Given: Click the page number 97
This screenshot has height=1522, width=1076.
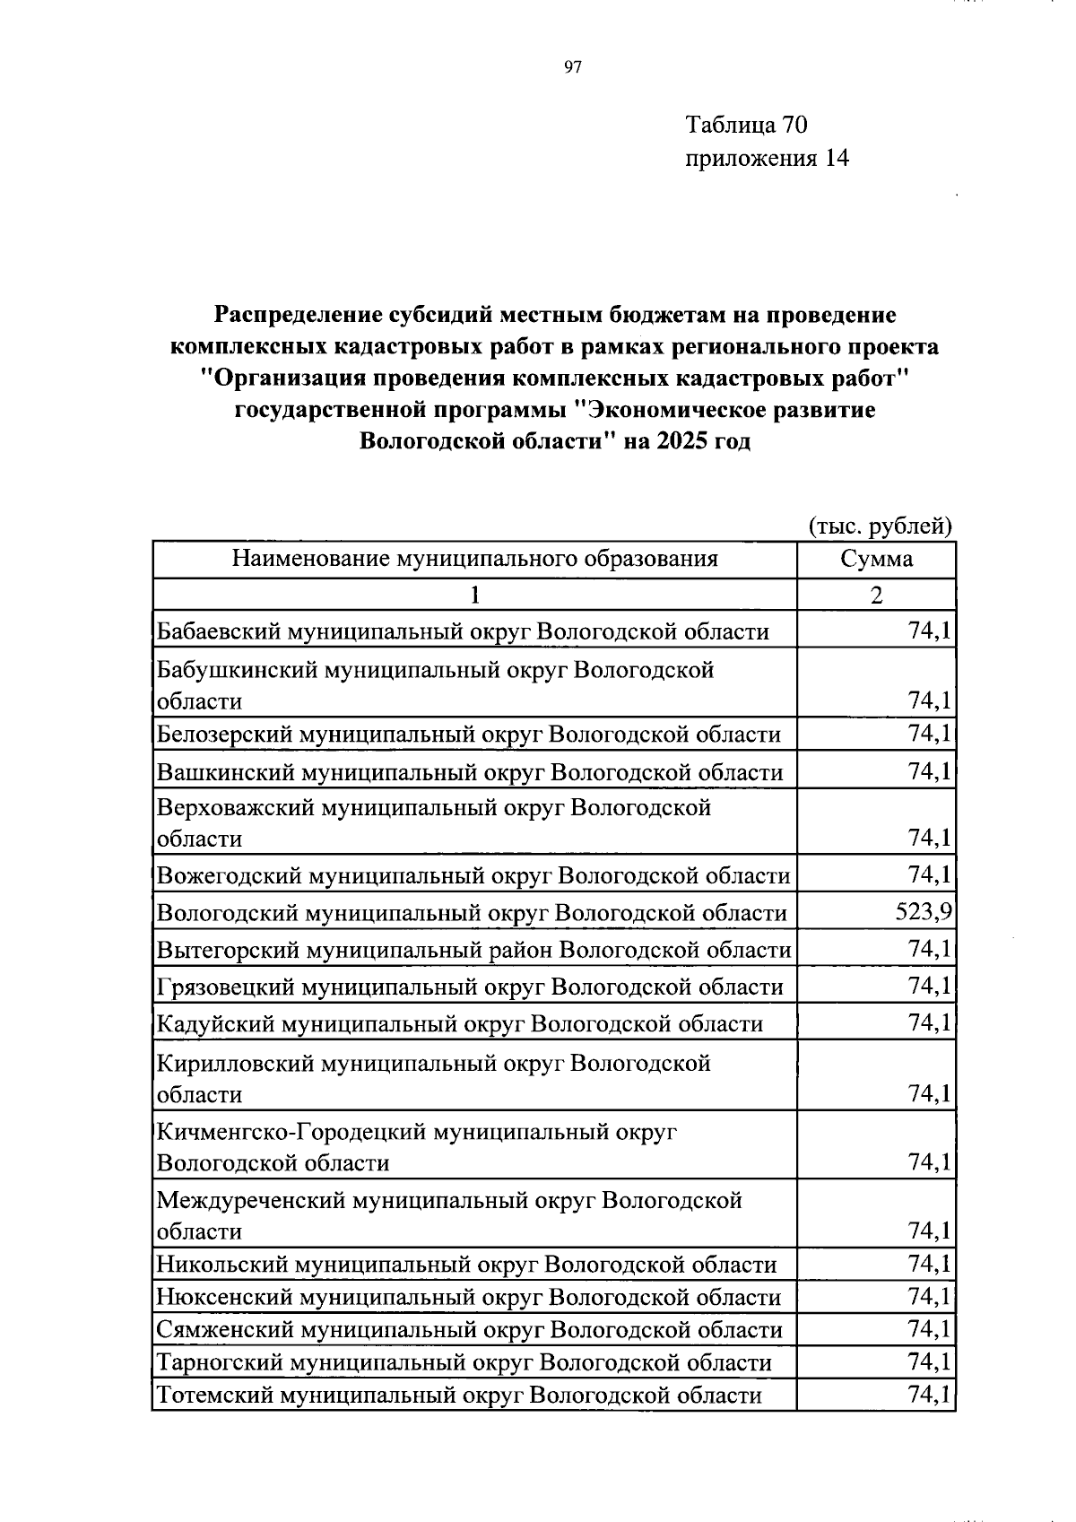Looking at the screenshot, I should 573,67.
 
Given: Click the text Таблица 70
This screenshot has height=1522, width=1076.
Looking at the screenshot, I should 746,124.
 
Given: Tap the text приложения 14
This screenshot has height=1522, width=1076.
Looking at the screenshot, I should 767,159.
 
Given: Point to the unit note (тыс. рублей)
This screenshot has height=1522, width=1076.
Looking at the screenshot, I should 880,526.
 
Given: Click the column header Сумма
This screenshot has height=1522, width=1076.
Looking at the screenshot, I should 876,560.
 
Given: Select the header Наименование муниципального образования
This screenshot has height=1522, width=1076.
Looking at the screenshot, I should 474,560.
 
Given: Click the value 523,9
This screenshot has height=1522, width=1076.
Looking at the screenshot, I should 923,912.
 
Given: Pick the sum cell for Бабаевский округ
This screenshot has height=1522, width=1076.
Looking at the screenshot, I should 929,631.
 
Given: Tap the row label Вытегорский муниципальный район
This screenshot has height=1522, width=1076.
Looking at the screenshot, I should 473,949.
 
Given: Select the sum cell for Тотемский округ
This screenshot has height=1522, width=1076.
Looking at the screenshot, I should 929,1395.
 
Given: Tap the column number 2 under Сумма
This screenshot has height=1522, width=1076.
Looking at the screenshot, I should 876,595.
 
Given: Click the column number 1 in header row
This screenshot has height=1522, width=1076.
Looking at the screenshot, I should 474,595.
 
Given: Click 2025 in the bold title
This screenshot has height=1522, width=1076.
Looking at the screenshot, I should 682,441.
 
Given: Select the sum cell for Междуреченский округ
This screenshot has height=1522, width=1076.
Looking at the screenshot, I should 929,1231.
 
